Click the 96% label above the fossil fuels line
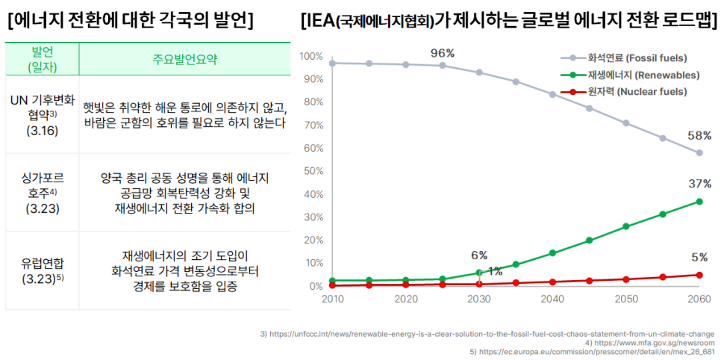(x=443, y=52)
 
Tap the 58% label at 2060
(x=699, y=136)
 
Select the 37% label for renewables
(x=699, y=184)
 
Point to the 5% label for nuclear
(x=699, y=258)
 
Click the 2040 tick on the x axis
(x=552, y=299)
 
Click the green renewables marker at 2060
(x=699, y=202)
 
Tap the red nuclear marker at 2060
(x=699, y=275)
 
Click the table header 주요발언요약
(x=184, y=59)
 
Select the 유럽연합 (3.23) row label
(x=42, y=270)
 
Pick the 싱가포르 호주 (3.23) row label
(x=42, y=193)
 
